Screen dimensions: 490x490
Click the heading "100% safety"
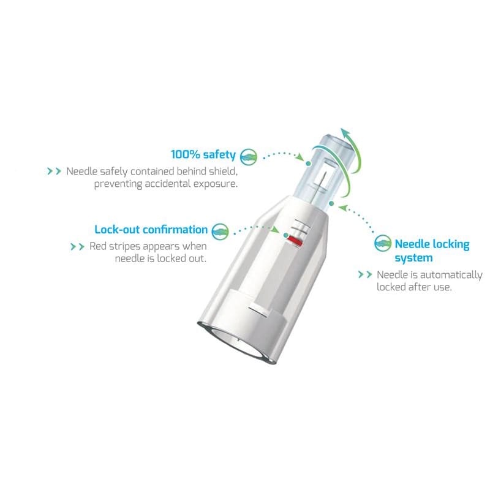[203, 155]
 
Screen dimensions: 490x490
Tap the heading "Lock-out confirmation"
[151, 230]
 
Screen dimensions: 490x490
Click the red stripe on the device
[295, 241]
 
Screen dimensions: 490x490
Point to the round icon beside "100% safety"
[249, 156]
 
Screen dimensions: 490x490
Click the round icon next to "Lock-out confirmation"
[220, 232]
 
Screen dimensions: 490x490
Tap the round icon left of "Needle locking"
[382, 243]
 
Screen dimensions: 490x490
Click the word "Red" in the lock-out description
[97, 246]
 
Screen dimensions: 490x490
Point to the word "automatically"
[451, 275]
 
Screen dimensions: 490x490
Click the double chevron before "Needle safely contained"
[54, 171]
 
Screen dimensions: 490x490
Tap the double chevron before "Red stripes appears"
[78, 247]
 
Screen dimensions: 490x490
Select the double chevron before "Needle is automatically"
[365, 274]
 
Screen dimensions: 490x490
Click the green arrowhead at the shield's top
[347, 134]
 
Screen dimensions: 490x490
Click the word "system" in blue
[413, 258]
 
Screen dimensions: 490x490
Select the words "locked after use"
[414, 287]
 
